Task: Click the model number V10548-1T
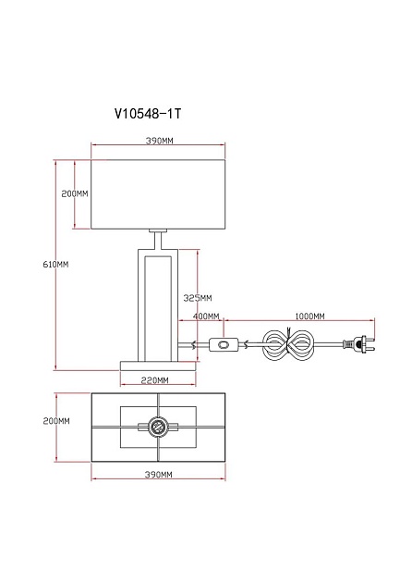[148, 114]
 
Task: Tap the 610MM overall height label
[55, 265]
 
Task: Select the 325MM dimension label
[198, 298]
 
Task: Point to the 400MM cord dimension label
[206, 316]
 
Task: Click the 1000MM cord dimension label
[309, 316]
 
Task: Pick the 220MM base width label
[154, 380]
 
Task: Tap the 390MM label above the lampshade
[159, 141]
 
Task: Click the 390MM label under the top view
[158, 475]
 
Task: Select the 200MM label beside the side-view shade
[75, 193]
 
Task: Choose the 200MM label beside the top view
[56, 421]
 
